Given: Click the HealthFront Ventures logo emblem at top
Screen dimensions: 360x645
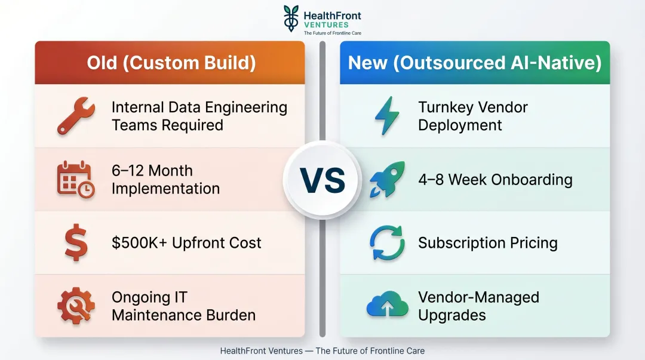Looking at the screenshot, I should [291, 18].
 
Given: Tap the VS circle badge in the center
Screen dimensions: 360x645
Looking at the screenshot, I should [322, 180].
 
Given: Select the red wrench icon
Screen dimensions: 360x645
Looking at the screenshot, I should [76, 116].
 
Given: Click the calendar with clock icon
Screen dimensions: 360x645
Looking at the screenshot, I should [76, 180].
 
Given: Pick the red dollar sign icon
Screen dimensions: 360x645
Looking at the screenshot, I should [76, 243].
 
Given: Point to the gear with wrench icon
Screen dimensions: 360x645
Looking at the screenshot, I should [76, 306].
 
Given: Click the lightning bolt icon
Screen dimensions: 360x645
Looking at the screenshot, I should [387, 116].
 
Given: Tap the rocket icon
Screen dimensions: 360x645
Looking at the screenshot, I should [387, 180].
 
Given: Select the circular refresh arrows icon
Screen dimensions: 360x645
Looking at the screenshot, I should [387, 243].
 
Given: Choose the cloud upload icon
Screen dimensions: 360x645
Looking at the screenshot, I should [387, 306].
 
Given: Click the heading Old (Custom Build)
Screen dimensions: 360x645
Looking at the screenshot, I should [171, 63].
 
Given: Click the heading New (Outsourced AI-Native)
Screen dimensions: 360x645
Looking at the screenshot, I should [475, 63].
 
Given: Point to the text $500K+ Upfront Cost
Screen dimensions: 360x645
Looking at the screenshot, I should [186, 243].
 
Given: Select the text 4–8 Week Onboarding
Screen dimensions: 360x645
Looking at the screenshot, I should [495, 180].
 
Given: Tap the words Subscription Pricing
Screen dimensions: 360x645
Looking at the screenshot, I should [487, 243].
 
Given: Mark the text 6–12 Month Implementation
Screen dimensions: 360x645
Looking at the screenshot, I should [165, 180].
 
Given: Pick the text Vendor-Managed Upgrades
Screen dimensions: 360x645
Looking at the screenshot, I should [478, 306].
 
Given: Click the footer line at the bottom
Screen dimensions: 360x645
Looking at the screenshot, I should [322, 351].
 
